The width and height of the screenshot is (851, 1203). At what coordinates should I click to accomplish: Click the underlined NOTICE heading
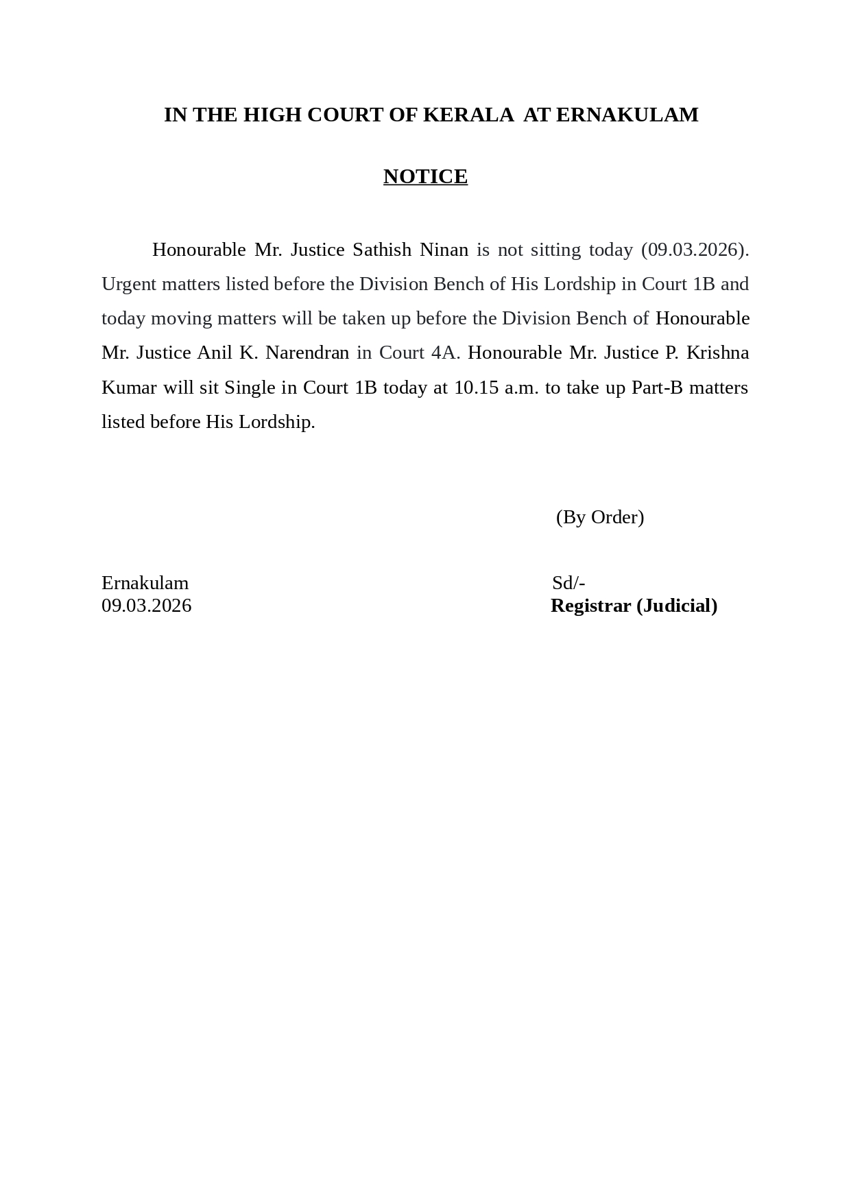425,176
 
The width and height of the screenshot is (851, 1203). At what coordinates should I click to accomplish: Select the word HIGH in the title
272,115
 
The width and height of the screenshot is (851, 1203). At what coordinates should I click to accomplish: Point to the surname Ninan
444,250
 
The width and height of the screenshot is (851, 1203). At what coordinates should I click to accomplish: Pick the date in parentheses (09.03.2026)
695,250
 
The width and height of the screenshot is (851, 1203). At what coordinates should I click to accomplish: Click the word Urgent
129,284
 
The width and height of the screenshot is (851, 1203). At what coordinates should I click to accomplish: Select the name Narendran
307,353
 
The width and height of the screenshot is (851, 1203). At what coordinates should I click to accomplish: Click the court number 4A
446,353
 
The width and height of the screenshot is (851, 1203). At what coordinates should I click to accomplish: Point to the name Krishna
717,353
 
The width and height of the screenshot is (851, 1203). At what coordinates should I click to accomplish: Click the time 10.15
476,388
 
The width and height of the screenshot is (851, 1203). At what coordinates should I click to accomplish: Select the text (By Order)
599,517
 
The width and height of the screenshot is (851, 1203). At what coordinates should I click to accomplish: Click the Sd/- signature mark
568,583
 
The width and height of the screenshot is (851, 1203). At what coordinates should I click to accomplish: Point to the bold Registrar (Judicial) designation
634,606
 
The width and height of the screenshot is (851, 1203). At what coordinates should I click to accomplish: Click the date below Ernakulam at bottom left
147,606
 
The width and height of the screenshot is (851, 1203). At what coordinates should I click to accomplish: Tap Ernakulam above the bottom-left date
145,583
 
